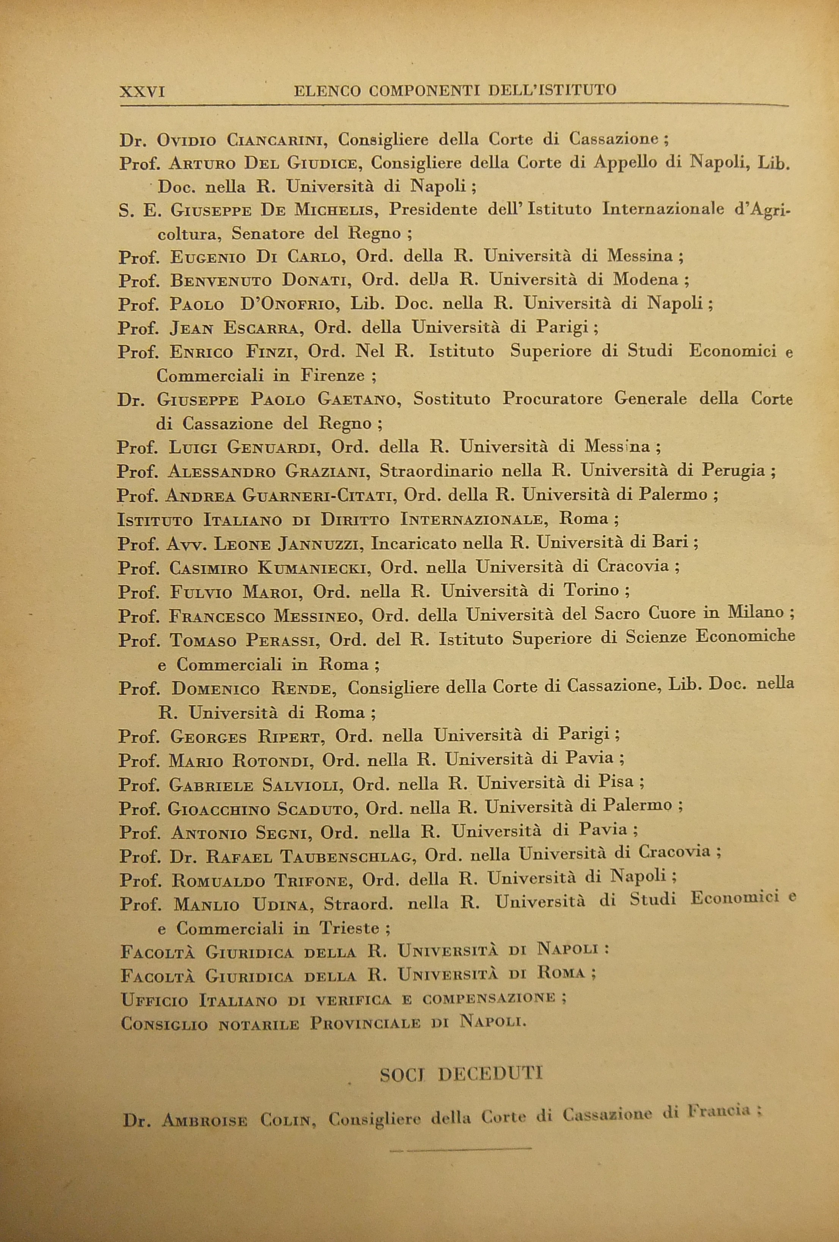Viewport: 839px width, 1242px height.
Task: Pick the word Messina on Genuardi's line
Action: coord(617,446)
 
